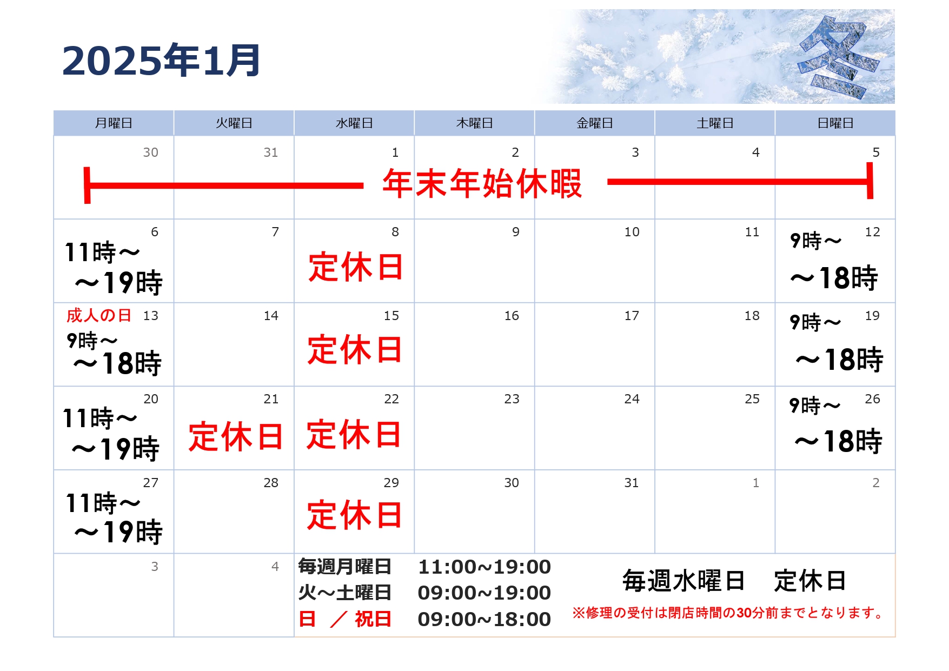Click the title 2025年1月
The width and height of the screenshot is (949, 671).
(161, 60)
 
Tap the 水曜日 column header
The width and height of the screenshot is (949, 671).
(354, 123)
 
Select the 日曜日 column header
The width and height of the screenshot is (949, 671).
(835, 123)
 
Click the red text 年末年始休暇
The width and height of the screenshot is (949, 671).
(482, 183)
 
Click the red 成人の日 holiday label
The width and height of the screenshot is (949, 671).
(99, 315)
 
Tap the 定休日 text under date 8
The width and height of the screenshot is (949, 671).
(356, 267)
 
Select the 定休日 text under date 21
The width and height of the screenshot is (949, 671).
(236, 436)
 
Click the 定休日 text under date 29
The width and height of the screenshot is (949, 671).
(354, 515)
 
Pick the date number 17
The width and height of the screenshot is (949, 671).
(632, 316)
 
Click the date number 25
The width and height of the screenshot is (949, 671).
(752, 399)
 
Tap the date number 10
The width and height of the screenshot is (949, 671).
(632, 232)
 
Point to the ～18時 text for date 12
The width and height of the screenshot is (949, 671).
(834, 278)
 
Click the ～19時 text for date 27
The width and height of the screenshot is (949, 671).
(118, 532)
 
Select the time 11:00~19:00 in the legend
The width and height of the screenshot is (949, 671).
(485, 567)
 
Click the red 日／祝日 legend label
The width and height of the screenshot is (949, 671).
(345, 619)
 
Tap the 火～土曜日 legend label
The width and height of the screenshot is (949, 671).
(345, 593)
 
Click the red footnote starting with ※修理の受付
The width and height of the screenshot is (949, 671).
(729, 613)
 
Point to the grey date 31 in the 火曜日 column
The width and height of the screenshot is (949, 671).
(271, 152)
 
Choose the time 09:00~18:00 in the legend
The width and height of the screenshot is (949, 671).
(485, 619)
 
